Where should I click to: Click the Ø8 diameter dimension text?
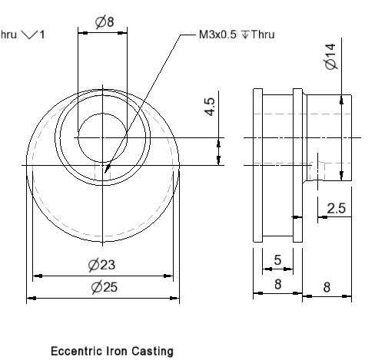coord(105,22)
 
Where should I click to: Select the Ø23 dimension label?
coord(101,265)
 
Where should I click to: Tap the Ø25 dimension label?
coord(105,287)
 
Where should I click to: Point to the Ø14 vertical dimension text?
coord(330,56)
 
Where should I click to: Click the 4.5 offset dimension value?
coord(210,107)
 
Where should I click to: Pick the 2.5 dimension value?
coord(337,208)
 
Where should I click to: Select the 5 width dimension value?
coord(277,260)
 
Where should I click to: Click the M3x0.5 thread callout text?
coord(217,35)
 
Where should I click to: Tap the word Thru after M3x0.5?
coord(263,35)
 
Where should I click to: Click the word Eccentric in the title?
coord(76,351)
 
